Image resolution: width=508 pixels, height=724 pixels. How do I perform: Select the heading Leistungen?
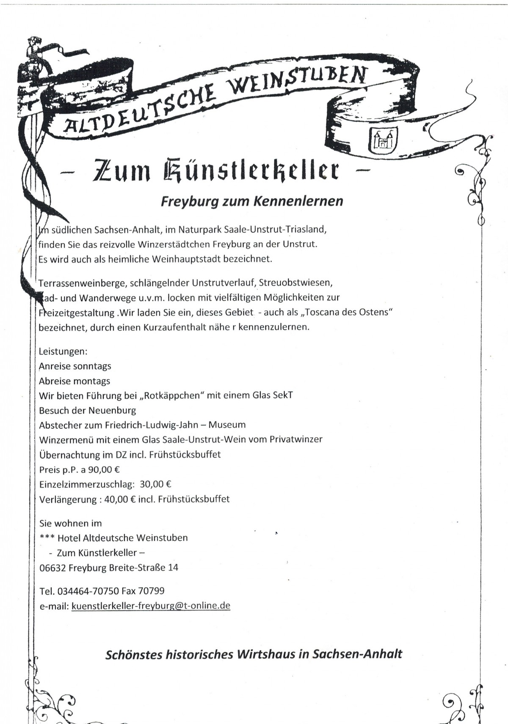coord(63,351)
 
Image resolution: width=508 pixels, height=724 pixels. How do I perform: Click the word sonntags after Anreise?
coord(92,366)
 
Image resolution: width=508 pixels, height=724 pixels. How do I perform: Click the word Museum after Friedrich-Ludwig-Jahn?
coord(227,425)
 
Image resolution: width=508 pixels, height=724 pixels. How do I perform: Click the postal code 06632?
coord(52,568)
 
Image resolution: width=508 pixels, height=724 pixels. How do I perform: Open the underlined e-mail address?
coord(151,606)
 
